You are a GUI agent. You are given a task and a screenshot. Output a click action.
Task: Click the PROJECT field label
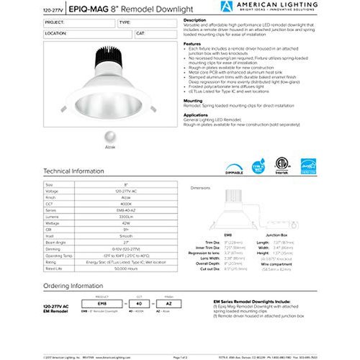54,22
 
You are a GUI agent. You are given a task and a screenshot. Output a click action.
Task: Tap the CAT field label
139,33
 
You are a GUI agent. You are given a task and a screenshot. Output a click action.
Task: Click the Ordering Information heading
73,287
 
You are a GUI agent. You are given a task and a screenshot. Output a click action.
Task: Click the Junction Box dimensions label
276,235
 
